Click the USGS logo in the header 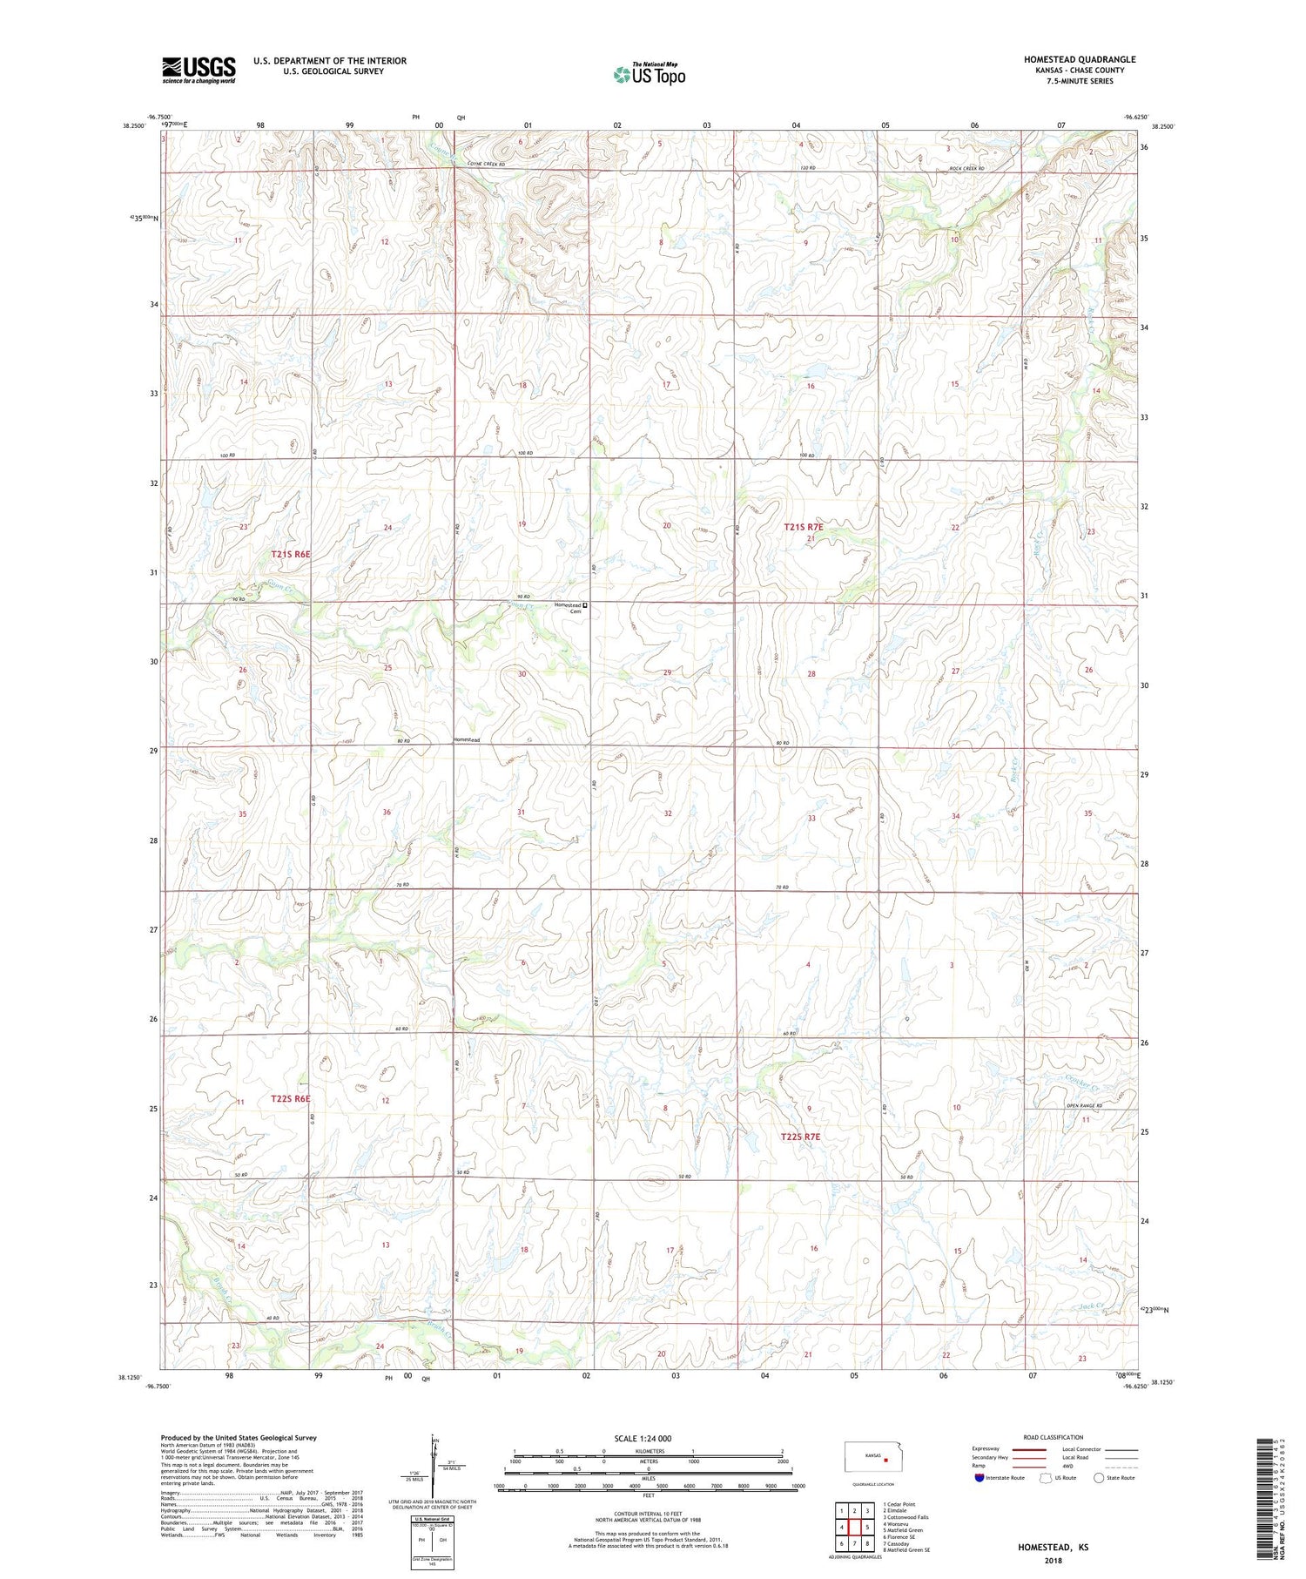(199, 70)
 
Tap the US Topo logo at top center (649, 74)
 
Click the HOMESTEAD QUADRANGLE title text (1080, 59)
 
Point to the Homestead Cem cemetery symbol (585, 605)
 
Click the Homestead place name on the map (466, 739)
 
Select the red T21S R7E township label (802, 527)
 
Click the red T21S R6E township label (290, 554)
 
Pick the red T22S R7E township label (800, 1137)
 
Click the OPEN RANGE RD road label (1084, 1106)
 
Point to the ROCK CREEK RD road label (966, 168)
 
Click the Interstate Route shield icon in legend (979, 1478)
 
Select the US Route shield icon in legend (1047, 1478)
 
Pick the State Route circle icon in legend (1100, 1478)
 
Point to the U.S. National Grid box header (432, 1518)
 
